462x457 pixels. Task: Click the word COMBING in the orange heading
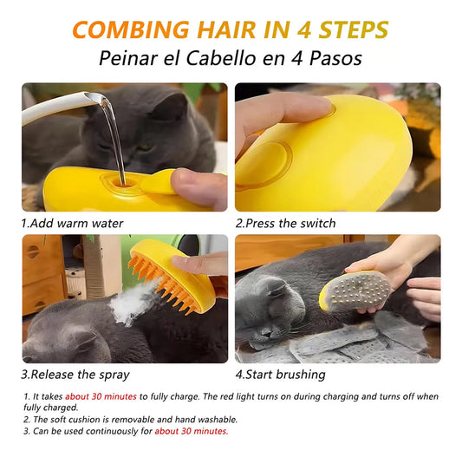pyautogui.click(x=131, y=29)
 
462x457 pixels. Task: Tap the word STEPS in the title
pyautogui.click(x=354, y=29)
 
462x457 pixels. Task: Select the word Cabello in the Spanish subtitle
pyautogui.click(x=222, y=58)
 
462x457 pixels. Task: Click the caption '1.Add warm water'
pyautogui.click(x=72, y=223)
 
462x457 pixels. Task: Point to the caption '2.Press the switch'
pyautogui.click(x=285, y=223)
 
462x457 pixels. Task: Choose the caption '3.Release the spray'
pyautogui.click(x=75, y=375)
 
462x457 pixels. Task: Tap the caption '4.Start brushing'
pyautogui.click(x=281, y=375)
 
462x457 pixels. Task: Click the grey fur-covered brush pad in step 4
pyautogui.click(x=359, y=291)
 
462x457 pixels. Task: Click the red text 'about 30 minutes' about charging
pyautogui.click(x=101, y=396)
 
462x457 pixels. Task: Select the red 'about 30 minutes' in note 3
pyautogui.click(x=192, y=431)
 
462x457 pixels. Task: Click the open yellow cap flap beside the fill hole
pyautogui.click(x=158, y=182)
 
